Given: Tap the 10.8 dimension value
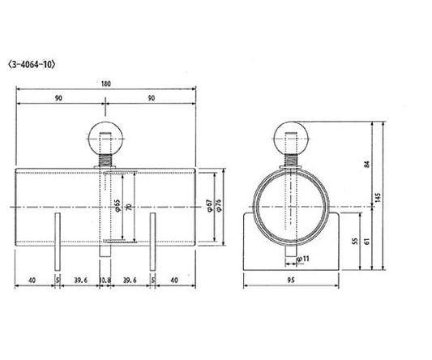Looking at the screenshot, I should pyautogui.click(x=105, y=281).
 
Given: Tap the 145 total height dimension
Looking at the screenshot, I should pyautogui.click(x=379, y=196).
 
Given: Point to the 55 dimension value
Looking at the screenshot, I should pyautogui.click(x=354, y=242).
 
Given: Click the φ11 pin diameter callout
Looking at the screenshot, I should pyautogui.click(x=302, y=259).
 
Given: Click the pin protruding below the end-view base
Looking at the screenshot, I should pyautogui.click(x=289, y=261).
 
